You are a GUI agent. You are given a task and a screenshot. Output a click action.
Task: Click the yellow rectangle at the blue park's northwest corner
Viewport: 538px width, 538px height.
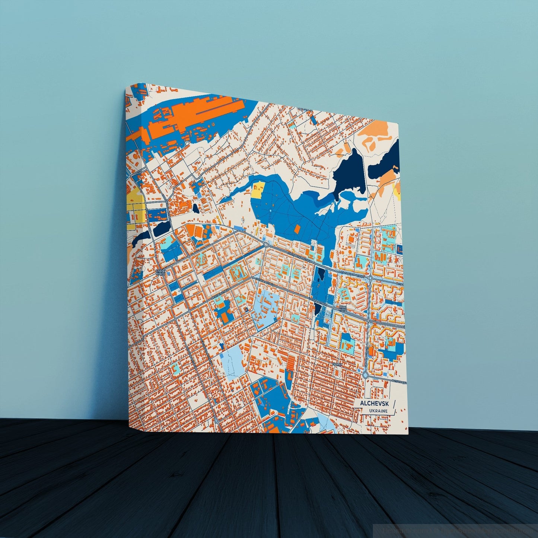[x=258, y=190]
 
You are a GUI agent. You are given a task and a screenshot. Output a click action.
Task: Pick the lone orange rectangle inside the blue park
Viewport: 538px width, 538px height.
[x=297, y=229]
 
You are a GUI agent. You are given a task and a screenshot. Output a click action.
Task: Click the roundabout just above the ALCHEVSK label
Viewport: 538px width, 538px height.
[x=365, y=375]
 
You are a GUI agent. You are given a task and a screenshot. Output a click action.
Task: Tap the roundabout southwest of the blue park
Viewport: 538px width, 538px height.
[x=265, y=244]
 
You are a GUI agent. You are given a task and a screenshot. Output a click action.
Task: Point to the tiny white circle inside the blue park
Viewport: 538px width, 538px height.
[x=270, y=211]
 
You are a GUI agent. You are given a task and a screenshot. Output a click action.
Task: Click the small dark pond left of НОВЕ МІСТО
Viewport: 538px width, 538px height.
[x=318, y=308]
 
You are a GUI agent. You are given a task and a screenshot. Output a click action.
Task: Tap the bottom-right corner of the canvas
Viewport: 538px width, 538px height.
[x=408, y=434]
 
